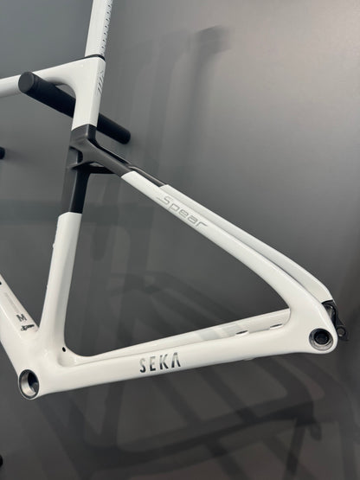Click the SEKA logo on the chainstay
click(159, 363)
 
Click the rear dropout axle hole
click(322, 338)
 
